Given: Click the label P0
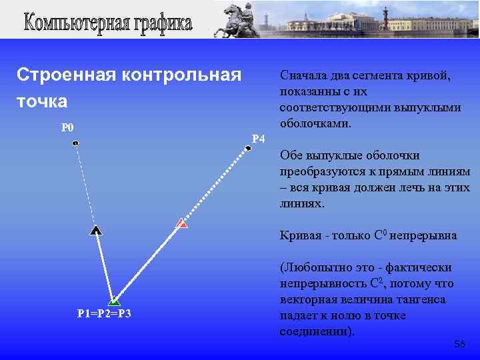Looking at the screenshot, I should [67, 128].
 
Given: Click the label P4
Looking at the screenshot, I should [259, 139].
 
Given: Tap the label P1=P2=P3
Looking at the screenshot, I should [104, 313].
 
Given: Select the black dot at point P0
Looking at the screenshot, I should [75, 143].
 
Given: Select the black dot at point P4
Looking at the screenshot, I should [248, 149].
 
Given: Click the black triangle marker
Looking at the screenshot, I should [96, 231].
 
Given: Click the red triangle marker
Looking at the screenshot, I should [181, 224].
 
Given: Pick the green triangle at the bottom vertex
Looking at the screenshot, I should [114, 301].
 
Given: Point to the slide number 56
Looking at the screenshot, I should [459, 344].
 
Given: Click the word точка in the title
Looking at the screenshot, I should [42, 101].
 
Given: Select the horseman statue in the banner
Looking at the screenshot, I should [239, 19].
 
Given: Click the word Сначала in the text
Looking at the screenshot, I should [304, 75].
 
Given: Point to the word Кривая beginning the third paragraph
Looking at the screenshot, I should [300, 235].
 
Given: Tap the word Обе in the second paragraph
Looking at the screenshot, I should [291, 155].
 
